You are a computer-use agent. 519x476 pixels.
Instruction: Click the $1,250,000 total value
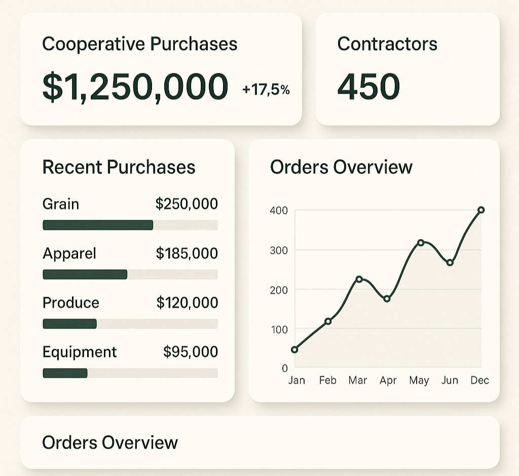pyautogui.click(x=135, y=86)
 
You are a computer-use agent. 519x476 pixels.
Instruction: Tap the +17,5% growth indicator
pyautogui.click(x=266, y=90)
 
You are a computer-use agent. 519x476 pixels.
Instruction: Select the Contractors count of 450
pyautogui.click(x=368, y=87)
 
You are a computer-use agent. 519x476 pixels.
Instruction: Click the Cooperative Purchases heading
pyautogui.click(x=139, y=44)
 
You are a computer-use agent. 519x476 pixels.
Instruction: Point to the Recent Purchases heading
pyautogui.click(x=119, y=167)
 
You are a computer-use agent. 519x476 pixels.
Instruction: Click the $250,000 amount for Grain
pyautogui.click(x=187, y=204)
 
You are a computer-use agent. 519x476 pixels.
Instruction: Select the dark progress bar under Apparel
pyautogui.click(x=85, y=274)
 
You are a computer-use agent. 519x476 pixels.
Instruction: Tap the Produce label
pyautogui.click(x=71, y=303)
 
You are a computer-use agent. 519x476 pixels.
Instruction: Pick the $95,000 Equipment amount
pyautogui.click(x=190, y=352)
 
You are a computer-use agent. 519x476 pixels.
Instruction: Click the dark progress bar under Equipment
pyautogui.click(x=65, y=373)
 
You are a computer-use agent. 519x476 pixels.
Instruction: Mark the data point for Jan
pyautogui.click(x=294, y=349)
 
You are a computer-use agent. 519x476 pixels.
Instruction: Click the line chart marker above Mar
pyautogui.click(x=359, y=279)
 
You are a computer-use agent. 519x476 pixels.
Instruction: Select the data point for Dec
pyautogui.click(x=481, y=210)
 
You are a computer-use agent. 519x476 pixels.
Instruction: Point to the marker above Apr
pyautogui.click(x=387, y=299)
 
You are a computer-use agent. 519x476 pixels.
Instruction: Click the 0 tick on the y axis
pyautogui.click(x=284, y=368)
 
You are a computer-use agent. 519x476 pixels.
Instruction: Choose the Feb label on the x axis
pyautogui.click(x=327, y=380)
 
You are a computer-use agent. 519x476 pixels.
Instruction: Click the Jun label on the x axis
pyautogui.click(x=450, y=380)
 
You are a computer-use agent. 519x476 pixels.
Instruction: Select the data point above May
pyautogui.click(x=420, y=243)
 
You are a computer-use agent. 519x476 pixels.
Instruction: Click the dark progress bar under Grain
pyautogui.click(x=98, y=225)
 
